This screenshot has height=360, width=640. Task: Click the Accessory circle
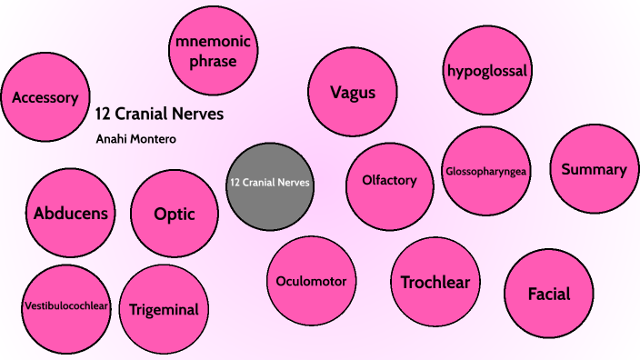pos(45,98)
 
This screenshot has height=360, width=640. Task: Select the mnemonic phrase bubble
pos(215,51)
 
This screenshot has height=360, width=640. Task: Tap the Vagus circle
pos(353,92)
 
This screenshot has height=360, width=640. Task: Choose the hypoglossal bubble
pos(488,70)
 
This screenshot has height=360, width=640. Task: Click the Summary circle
pos(594,169)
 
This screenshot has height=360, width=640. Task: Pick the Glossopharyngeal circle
pos(487,171)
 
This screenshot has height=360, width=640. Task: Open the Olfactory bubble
pos(390,180)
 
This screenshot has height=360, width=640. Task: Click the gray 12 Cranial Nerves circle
pos(270,183)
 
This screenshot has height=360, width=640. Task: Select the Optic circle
pos(174,215)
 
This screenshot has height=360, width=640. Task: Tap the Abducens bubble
pos(71,214)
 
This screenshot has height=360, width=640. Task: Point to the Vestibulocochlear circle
pos(66,305)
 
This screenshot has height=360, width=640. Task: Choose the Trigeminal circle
pos(164,309)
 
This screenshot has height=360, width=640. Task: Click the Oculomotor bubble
pos(311,281)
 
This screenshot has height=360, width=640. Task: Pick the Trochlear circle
pos(435,282)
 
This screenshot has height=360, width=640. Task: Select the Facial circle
pos(549,294)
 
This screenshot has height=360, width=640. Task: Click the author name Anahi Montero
pos(135,139)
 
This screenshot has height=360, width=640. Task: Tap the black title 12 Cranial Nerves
pos(159,115)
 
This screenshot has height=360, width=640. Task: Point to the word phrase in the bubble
pos(215,62)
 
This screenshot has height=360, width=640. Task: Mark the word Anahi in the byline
pos(110,139)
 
